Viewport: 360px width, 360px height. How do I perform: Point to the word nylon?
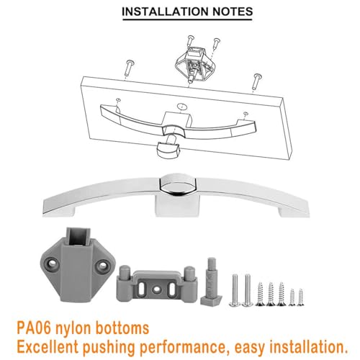pos(73,330)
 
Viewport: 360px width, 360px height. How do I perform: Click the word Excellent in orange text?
pos(48,347)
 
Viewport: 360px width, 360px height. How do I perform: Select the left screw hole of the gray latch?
pos(53,264)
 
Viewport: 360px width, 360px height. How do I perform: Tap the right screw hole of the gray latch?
pos(103,265)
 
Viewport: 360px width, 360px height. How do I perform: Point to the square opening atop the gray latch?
pos(78,236)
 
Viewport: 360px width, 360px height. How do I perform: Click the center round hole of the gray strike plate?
pos(156,289)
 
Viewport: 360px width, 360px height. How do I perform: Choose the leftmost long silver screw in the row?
pos(235,289)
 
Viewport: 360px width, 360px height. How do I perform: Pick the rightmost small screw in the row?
pos(300,297)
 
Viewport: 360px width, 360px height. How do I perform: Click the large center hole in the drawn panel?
pos(182,107)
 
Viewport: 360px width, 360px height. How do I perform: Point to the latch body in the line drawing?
pos(194,63)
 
